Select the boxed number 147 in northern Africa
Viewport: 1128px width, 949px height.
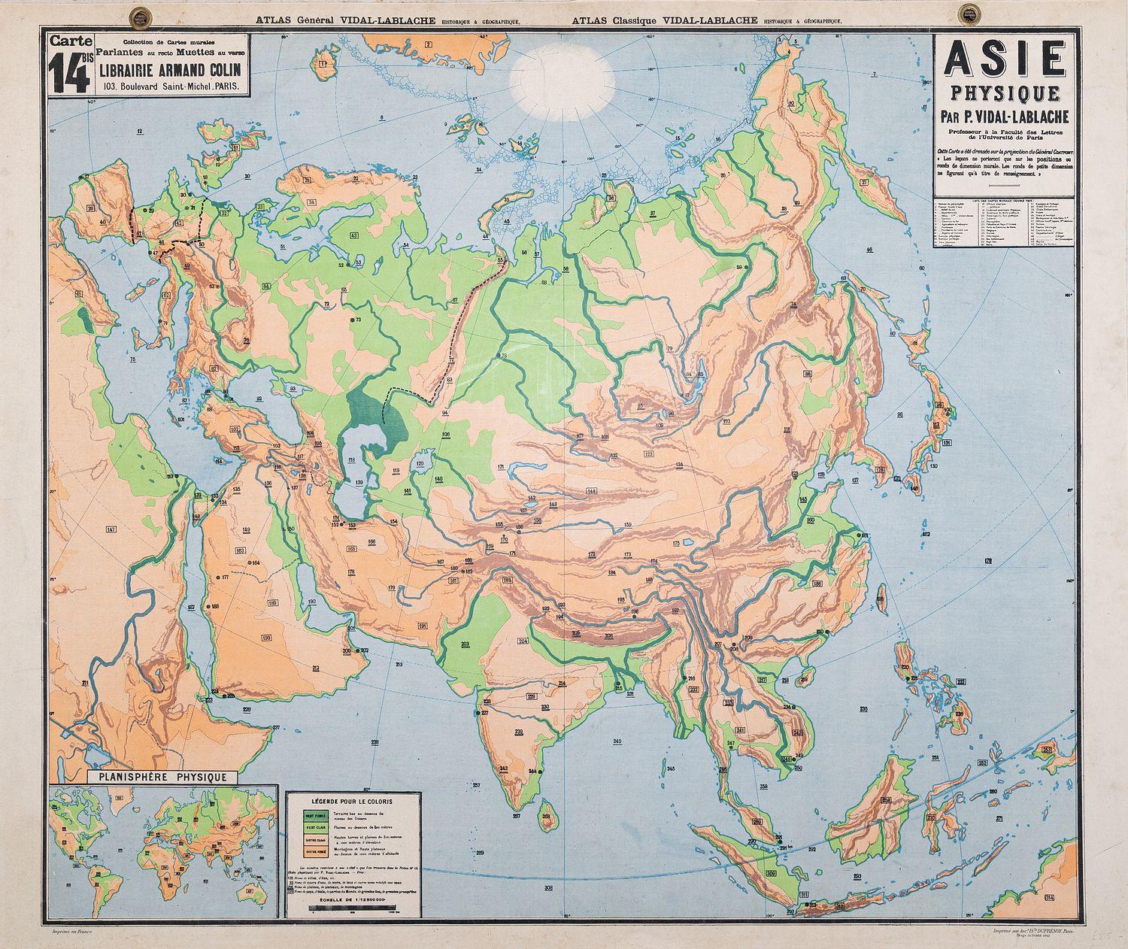point(111,530)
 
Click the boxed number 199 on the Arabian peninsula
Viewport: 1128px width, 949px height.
point(266,638)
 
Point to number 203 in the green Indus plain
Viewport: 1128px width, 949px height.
point(465,644)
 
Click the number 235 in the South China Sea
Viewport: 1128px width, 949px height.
point(863,709)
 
